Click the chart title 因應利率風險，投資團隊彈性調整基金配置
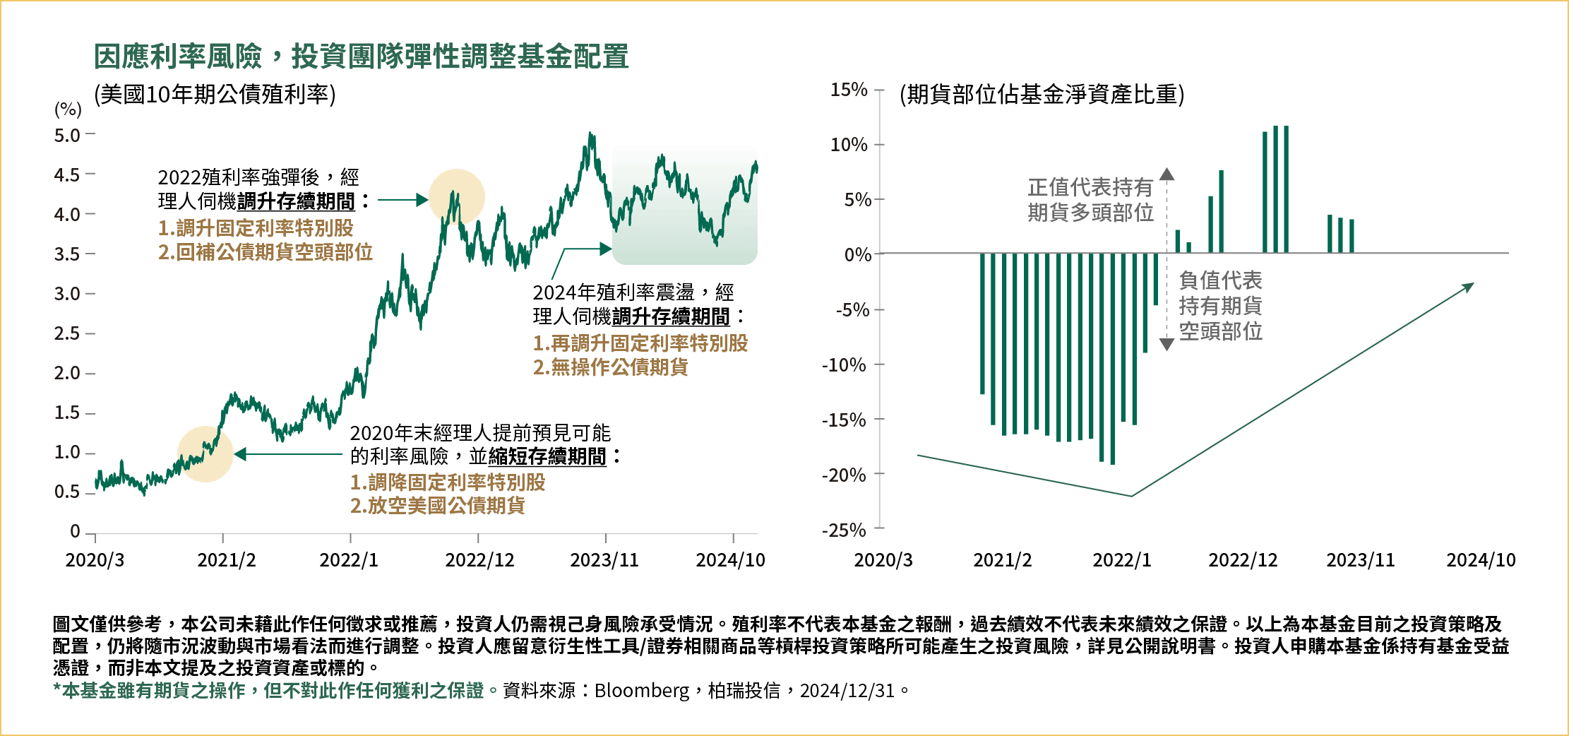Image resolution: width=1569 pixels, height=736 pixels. (361, 57)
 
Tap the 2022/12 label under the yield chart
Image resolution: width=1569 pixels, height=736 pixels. (479, 560)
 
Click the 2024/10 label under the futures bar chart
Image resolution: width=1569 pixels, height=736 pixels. (1481, 560)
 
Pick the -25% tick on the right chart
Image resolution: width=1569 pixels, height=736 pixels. (844, 530)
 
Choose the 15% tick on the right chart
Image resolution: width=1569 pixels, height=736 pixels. (849, 90)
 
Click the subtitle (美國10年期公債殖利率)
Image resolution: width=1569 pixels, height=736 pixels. (215, 94)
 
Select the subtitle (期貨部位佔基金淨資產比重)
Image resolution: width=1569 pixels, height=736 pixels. (1042, 94)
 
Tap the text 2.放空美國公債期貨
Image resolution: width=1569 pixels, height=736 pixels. (437, 506)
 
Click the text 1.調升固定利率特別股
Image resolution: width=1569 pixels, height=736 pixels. (255, 228)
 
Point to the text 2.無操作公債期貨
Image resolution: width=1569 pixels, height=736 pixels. (610, 367)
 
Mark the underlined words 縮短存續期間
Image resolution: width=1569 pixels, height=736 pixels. (547, 457)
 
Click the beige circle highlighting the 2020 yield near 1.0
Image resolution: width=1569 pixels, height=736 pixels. (205, 454)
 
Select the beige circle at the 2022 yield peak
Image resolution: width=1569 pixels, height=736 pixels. (457, 197)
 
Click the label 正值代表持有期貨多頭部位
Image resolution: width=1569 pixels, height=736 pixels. (1090, 200)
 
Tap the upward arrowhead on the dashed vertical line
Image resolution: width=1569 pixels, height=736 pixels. (1167, 174)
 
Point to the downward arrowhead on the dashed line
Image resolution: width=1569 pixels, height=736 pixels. (1167, 344)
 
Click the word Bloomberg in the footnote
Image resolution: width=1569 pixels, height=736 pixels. (641, 690)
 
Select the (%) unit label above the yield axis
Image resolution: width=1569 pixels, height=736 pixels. (68, 109)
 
